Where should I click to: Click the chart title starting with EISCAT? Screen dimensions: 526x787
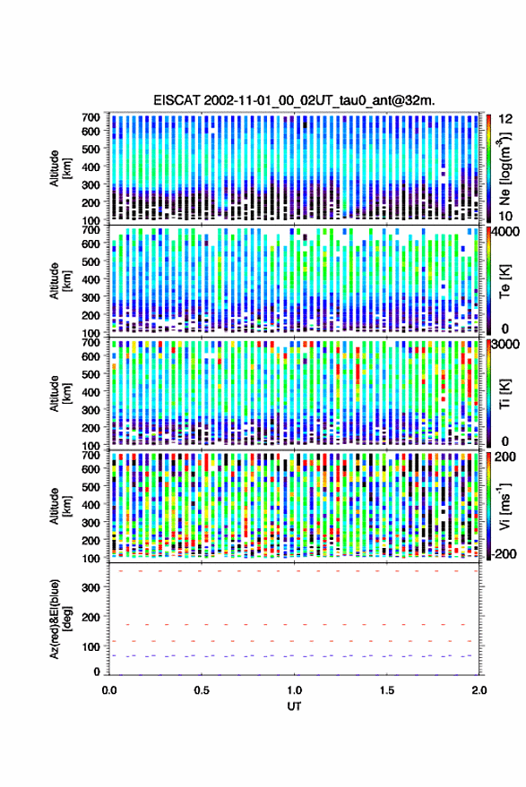click(x=294, y=100)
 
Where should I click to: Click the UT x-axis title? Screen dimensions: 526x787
click(x=294, y=706)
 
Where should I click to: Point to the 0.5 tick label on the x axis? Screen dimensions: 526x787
click(x=202, y=690)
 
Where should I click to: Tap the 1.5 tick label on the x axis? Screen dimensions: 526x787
click(x=387, y=690)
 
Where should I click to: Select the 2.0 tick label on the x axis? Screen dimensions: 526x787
click(x=479, y=690)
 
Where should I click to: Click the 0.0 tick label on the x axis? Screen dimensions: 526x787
click(x=109, y=690)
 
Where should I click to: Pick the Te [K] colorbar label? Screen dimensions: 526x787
click(x=504, y=281)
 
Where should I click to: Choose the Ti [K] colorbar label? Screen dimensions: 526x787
click(x=504, y=394)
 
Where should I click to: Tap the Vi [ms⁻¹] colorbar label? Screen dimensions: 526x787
click(x=504, y=507)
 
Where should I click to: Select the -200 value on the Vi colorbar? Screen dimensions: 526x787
click(x=504, y=553)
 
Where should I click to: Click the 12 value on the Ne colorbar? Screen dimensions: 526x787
click(x=506, y=119)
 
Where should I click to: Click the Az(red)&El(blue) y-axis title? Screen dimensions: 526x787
click(x=60, y=619)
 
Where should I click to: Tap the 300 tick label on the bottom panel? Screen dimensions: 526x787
click(x=91, y=587)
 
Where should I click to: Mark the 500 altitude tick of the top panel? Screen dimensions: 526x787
click(x=91, y=149)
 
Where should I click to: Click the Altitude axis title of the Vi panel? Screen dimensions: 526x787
click(x=60, y=506)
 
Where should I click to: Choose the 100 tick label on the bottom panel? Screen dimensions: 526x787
click(x=91, y=646)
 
